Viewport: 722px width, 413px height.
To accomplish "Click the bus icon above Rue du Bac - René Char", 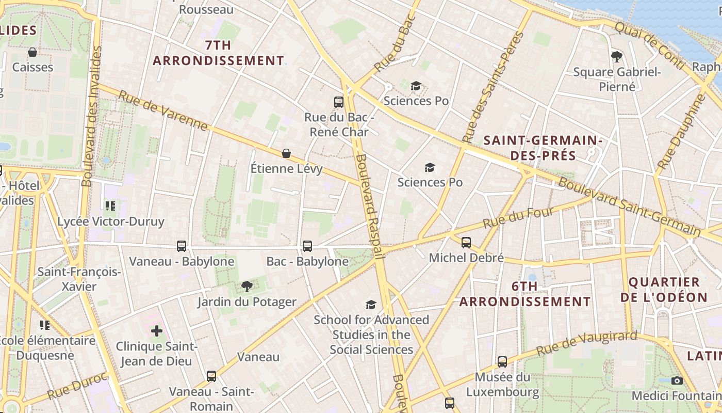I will pos(339,102).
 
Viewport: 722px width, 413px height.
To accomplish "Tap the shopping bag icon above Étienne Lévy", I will pos(286,153).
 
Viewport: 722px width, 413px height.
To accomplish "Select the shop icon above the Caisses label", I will pos(32,52).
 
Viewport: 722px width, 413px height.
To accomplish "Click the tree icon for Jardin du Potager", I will pos(247,286).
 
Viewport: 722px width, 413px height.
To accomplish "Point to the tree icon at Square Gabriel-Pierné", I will pos(616,56).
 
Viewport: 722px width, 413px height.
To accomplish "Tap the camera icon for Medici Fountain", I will pos(677,380).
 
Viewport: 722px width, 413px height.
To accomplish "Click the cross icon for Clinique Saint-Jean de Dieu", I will pos(157,330).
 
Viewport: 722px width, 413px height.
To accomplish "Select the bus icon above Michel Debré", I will pos(466,242).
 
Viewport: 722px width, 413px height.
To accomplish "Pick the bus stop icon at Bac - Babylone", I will pos(307,246).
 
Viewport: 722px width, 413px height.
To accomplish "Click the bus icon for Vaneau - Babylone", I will pos(182,246).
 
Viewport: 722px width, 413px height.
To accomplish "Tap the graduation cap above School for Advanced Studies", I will pos(371,305).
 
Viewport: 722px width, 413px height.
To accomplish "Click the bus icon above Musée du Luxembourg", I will pos(502,361).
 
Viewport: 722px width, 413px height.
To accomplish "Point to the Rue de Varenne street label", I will pos(163,110).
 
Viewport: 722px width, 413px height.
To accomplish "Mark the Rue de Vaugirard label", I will pos(587,344).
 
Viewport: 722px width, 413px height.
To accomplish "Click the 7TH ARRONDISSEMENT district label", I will pos(218,53).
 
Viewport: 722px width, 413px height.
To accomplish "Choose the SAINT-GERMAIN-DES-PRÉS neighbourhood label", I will pos(543,147).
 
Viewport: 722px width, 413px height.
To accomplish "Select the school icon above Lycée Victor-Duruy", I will pos(110,206).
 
